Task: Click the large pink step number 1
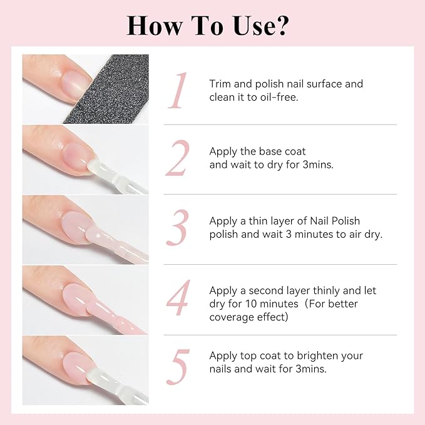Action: pyautogui.click(x=179, y=91)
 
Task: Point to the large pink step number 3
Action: pyautogui.click(x=178, y=228)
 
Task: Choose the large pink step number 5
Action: pyautogui.click(x=178, y=368)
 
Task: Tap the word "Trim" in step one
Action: pyautogui.click(x=220, y=84)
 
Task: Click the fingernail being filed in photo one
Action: pyautogui.click(x=63, y=76)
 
